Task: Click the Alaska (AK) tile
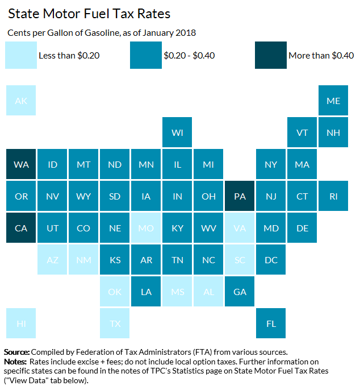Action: [x=21, y=101]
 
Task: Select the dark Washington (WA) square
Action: [x=21, y=164]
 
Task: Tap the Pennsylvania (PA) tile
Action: [x=240, y=196]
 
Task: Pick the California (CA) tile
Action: [x=21, y=228]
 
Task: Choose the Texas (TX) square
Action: [x=115, y=323]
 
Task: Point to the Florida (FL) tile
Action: [x=271, y=323]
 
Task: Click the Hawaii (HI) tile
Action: [x=21, y=323]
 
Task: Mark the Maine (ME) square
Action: [x=333, y=101]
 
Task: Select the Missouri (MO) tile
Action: [x=146, y=228]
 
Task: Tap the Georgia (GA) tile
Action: [x=240, y=292]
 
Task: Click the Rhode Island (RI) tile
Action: [x=333, y=196]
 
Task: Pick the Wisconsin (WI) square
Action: [x=177, y=132]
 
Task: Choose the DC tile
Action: [x=271, y=260]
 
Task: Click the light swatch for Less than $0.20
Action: [x=21, y=55]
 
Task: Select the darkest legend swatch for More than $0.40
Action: [x=271, y=55]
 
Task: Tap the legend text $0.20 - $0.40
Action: [x=189, y=56]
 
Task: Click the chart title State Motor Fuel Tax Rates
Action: [x=89, y=13]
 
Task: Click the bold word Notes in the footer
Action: [x=15, y=362]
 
